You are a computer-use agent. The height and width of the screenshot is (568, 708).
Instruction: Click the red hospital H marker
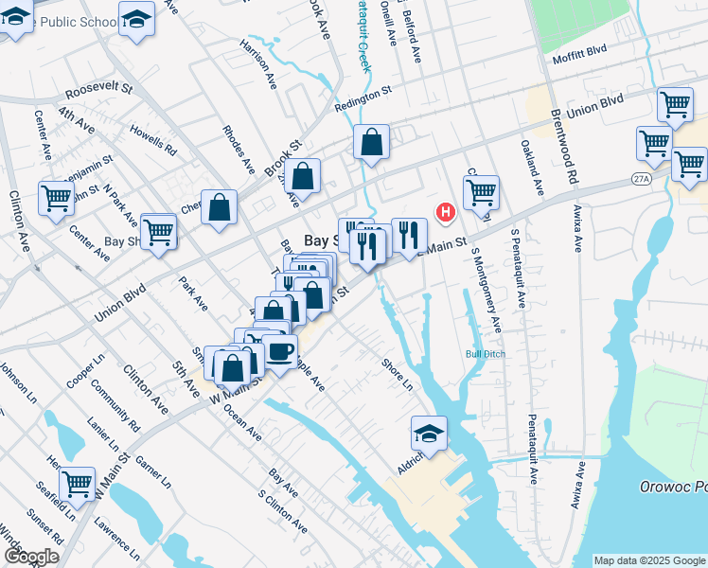click(444, 213)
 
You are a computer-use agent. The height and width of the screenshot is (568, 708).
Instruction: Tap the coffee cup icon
click(279, 352)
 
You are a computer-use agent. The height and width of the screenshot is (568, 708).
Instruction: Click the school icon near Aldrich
click(429, 435)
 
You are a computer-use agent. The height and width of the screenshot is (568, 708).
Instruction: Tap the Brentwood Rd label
click(563, 147)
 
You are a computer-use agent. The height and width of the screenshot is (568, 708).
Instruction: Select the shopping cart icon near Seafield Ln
click(77, 484)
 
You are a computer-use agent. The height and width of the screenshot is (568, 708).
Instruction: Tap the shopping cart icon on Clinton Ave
click(56, 198)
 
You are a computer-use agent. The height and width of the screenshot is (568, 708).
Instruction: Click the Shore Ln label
click(398, 374)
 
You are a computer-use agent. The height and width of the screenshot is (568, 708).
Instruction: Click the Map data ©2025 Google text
click(648, 560)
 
